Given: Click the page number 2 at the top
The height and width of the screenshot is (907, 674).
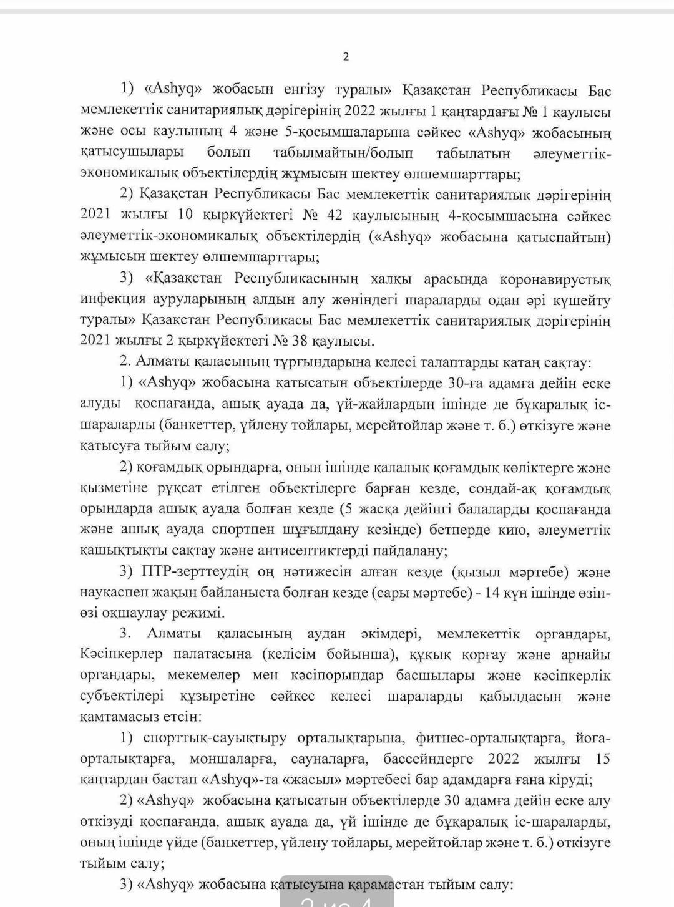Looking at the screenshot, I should pos(346,57).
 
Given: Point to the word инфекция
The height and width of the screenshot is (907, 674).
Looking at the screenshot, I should pos(112,299).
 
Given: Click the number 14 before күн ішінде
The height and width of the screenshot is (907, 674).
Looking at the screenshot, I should pos(492,593).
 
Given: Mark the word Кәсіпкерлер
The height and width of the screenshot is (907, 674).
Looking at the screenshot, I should pos(121,654).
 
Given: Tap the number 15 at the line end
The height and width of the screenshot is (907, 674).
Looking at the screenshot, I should pos(602,759).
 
